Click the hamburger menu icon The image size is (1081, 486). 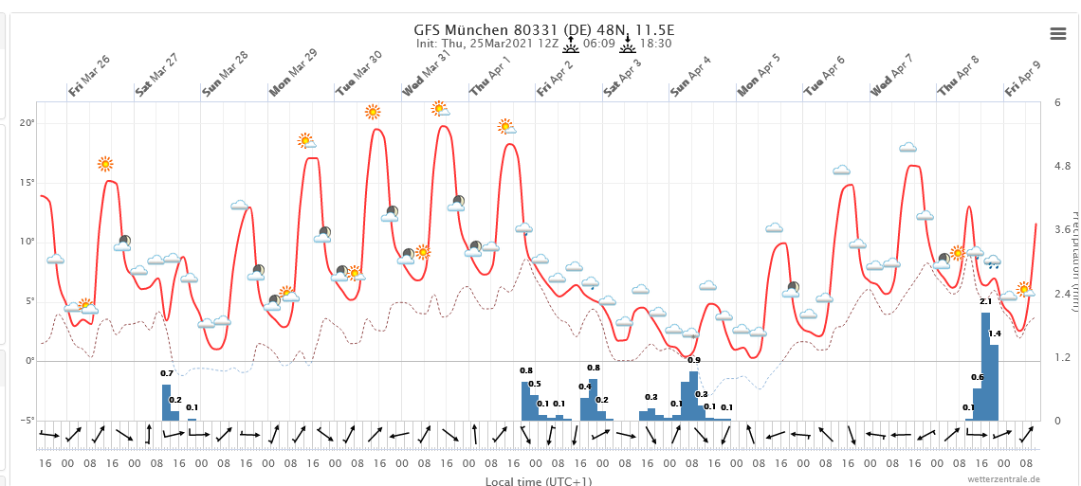click(x=1058, y=33)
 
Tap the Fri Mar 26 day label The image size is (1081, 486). click(x=89, y=75)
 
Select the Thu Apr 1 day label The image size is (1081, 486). click(x=490, y=75)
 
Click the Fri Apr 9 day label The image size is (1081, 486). click(x=1023, y=75)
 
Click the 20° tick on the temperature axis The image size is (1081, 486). click(x=28, y=124)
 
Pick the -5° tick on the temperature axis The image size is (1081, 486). click(x=27, y=421)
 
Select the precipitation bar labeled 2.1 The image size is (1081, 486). click(x=985, y=367)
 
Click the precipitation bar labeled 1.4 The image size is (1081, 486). click(x=994, y=383)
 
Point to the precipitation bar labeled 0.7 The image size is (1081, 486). click(x=166, y=402)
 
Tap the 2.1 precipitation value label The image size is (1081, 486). click(x=985, y=302)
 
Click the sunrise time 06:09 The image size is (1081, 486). click(x=599, y=44)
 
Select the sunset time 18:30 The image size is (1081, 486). click(x=655, y=44)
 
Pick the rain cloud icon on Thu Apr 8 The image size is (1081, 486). click(x=992, y=261)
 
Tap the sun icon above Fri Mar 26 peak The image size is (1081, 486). click(x=105, y=164)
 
